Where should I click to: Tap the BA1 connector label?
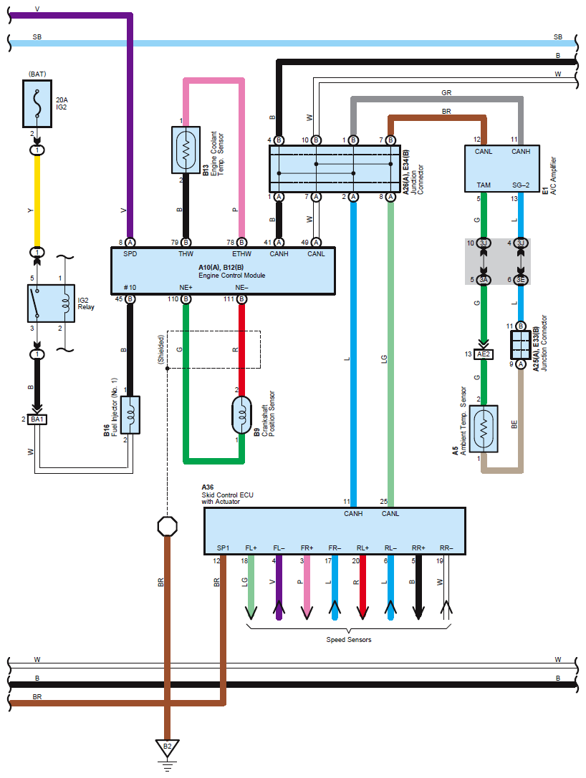click(x=37, y=419)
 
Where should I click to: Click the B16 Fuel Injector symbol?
click(x=130, y=414)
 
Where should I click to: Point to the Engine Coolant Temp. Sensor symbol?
click(x=186, y=150)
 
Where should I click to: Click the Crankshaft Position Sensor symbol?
click(x=242, y=414)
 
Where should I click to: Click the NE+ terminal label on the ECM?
click(x=186, y=287)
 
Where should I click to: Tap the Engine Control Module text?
click(x=222, y=276)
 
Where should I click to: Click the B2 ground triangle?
click(x=168, y=749)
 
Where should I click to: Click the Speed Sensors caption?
click(x=349, y=639)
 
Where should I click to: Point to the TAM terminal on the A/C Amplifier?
click(x=484, y=185)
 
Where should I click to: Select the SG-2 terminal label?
click(x=521, y=185)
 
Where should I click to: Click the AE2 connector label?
click(x=484, y=354)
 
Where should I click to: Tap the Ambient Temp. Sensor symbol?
click(x=484, y=428)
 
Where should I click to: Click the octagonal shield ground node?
click(x=168, y=526)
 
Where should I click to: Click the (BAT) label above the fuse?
click(x=37, y=74)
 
